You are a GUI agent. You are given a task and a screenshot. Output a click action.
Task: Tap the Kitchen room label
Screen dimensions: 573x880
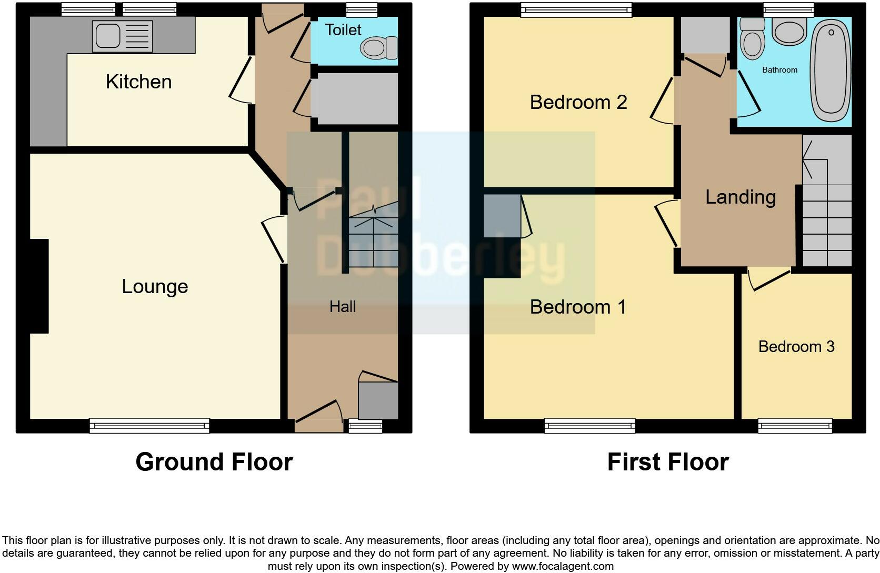pos(138,82)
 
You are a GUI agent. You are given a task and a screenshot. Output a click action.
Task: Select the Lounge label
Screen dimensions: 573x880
pos(155,287)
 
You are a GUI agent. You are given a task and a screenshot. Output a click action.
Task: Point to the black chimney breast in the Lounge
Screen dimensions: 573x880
pos(39,286)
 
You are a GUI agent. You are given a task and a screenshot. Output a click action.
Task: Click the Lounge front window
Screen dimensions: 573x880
pos(149,426)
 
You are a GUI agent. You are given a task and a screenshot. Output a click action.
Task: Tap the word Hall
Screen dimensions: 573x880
pos(343,307)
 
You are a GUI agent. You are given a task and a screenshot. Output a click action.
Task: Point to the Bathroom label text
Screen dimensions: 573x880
pos(779,70)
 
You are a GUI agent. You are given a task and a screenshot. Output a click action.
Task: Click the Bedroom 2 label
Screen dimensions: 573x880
pos(578,102)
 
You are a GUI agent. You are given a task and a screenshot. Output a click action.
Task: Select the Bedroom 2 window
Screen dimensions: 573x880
pos(576,9)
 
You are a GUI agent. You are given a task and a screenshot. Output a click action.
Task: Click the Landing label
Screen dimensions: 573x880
pos(740,197)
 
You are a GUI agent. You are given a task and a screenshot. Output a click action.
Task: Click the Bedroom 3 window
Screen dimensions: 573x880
pos(795,426)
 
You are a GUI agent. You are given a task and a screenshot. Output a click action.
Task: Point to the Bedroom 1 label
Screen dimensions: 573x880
pos(578,307)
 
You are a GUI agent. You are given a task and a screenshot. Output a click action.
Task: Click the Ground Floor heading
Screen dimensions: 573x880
pos(214,462)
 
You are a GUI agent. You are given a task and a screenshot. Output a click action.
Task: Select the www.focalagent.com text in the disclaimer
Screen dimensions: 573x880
pos(562,567)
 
